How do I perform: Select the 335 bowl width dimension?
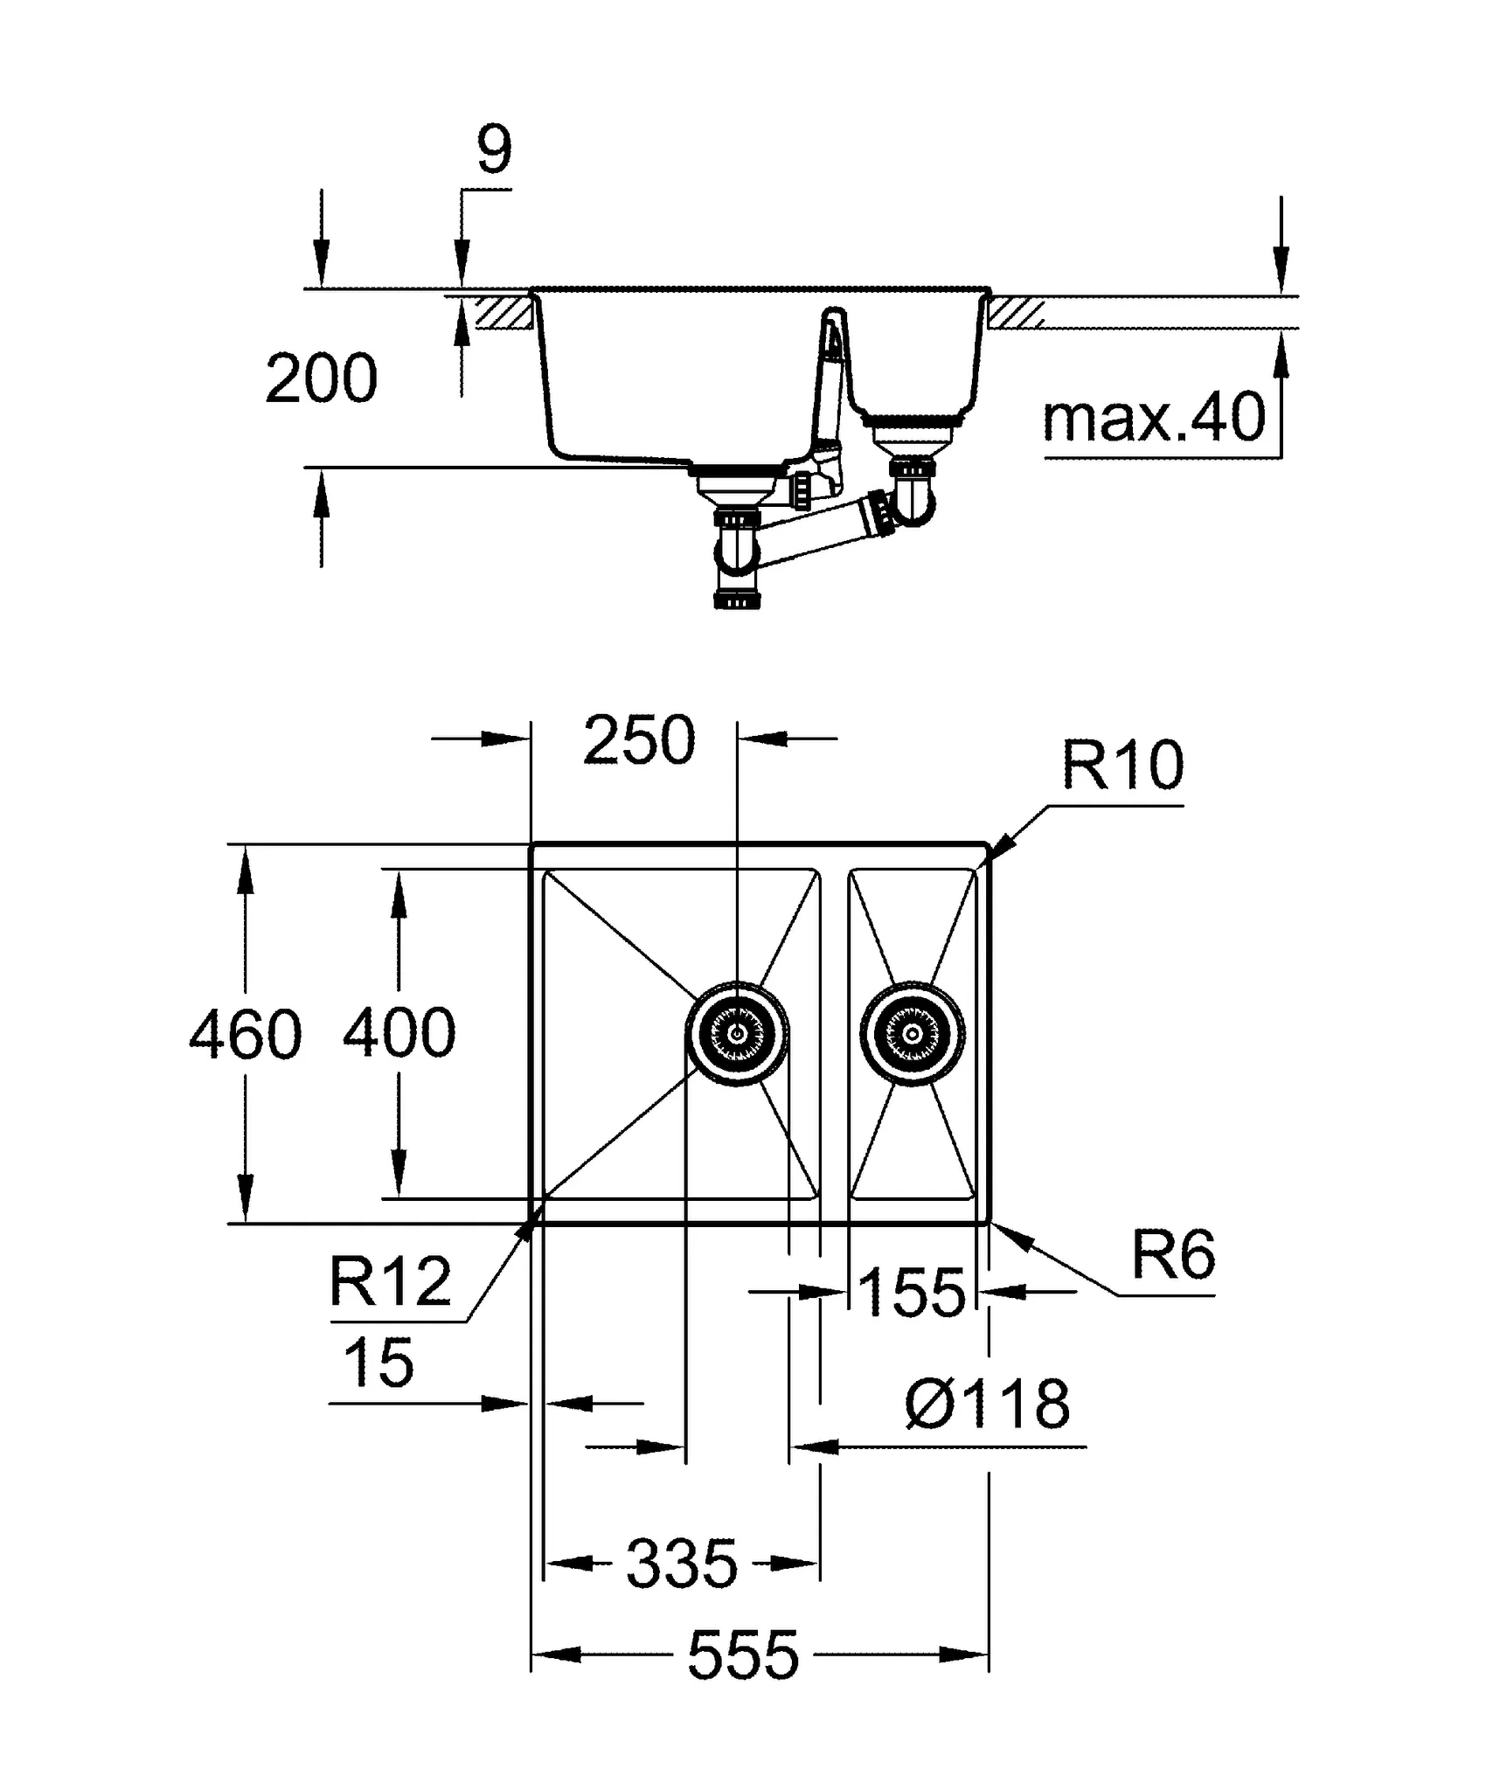tap(682, 1564)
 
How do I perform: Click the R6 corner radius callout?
tap(1173, 1256)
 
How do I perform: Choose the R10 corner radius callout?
tap(1122, 766)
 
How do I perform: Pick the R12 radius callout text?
tap(390, 1282)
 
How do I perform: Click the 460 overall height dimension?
tap(246, 1034)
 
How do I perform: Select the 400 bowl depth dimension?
tap(399, 1033)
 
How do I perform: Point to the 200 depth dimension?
tap(321, 379)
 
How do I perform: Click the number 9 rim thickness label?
tap(494, 150)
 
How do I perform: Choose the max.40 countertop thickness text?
tap(1154, 418)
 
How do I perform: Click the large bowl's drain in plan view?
tap(737, 1033)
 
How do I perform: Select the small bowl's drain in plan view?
tap(913, 1034)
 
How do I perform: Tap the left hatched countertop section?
tap(504, 312)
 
